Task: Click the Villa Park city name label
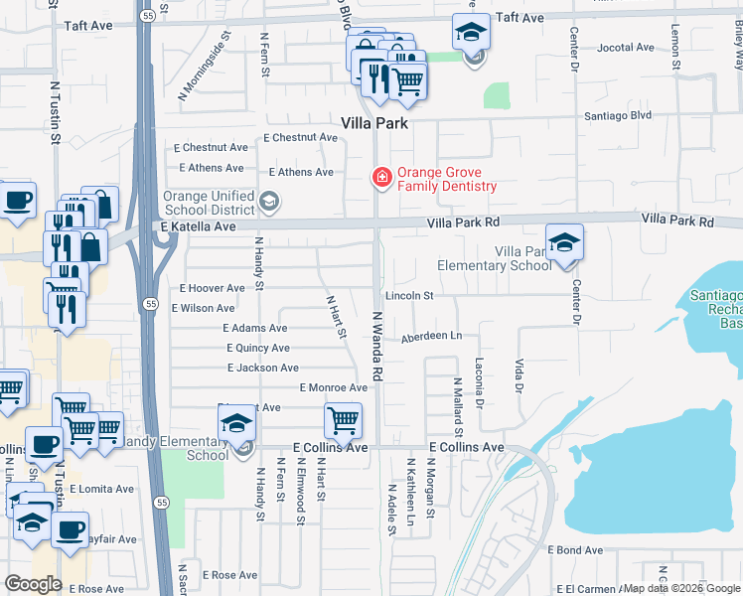click(375, 123)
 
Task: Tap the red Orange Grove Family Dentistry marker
click(380, 177)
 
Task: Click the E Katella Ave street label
click(198, 227)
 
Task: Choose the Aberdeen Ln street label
click(432, 337)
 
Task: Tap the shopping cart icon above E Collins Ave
click(343, 420)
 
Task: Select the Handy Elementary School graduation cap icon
click(236, 425)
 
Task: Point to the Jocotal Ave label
click(627, 48)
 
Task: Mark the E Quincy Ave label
click(257, 349)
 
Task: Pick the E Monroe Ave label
click(333, 388)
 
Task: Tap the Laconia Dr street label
click(479, 383)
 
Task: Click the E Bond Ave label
click(575, 550)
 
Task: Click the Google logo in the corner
click(33, 584)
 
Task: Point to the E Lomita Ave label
click(103, 490)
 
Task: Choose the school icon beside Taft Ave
click(471, 32)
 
